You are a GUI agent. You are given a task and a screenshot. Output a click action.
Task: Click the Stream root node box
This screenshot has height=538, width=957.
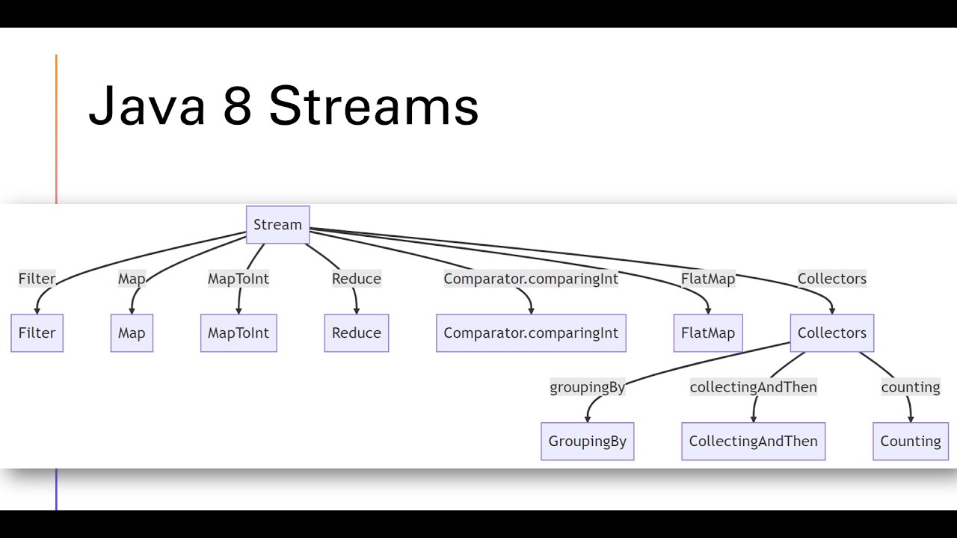tap(277, 225)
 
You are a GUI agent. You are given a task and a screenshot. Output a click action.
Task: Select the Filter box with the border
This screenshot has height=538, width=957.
tap(37, 333)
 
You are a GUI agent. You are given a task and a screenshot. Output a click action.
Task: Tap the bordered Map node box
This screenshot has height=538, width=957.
tap(132, 333)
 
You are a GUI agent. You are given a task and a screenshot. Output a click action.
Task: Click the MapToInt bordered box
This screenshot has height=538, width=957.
tap(238, 333)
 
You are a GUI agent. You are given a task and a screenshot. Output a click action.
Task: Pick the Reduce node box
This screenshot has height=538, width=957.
tap(356, 333)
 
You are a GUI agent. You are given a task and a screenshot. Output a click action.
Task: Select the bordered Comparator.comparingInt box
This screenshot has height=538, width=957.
tap(531, 333)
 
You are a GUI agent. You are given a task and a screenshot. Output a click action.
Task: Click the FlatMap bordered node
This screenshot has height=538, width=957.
tap(707, 333)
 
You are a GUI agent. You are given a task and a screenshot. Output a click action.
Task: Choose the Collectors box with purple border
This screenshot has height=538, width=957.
tap(831, 333)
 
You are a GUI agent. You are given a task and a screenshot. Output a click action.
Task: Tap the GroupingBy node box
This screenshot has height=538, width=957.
tap(587, 441)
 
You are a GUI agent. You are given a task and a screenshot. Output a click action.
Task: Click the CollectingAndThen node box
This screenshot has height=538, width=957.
tap(753, 441)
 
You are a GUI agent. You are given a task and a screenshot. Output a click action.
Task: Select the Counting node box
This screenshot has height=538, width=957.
tap(910, 441)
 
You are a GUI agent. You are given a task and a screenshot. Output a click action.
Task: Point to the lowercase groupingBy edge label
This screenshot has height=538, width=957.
tap(587, 387)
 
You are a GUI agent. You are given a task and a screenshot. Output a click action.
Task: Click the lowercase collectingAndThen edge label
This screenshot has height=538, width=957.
tap(753, 387)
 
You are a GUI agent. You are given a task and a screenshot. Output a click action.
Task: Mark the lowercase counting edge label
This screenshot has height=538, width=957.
tap(910, 387)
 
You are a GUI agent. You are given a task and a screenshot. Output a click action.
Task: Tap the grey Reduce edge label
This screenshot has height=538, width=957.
tap(356, 279)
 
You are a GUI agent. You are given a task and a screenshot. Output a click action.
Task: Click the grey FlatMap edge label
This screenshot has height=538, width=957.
tap(707, 279)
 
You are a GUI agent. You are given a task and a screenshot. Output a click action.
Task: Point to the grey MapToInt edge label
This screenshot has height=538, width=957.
tap(238, 279)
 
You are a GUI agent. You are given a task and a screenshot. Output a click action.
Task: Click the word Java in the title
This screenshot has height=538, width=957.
tap(147, 105)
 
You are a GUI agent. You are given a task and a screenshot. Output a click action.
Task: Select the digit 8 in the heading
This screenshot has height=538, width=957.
tap(237, 105)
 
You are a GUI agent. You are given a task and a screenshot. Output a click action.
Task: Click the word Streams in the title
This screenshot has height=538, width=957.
tap(373, 105)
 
